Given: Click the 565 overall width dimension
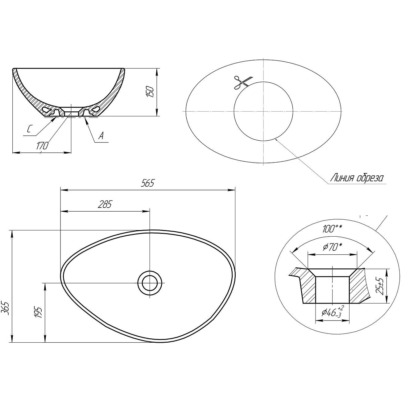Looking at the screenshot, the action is (147, 183).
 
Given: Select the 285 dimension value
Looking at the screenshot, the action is (105, 205).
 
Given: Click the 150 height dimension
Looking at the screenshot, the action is (151, 92).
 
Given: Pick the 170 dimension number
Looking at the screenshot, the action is (42, 146).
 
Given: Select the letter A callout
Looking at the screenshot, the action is (101, 136).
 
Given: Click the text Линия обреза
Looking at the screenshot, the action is (357, 178).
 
